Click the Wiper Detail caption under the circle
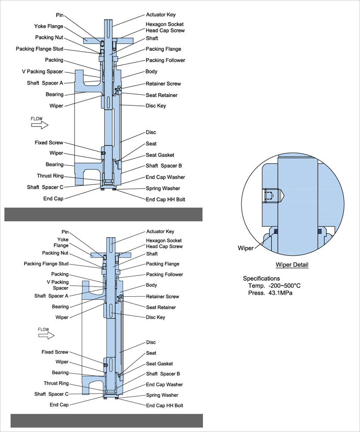tap(292, 265)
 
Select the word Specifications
tap(261, 279)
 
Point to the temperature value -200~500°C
tap(285, 286)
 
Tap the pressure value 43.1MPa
tap(280, 293)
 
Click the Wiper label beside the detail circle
tap(245, 248)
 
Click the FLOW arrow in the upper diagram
tap(39, 125)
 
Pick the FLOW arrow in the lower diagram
tap(46, 335)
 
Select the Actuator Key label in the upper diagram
tap(161, 15)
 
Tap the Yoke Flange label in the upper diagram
tap(49, 26)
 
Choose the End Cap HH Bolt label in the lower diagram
tap(164, 406)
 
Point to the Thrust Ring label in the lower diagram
tap(56, 384)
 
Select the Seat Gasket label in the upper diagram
tap(160, 155)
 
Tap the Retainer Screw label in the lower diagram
tap(162, 297)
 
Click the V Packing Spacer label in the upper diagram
tap(42, 71)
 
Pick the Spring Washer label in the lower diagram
tap(162, 395)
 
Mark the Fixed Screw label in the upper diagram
tap(49, 143)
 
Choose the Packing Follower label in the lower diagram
tap(164, 275)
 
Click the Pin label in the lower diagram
tap(65, 231)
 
